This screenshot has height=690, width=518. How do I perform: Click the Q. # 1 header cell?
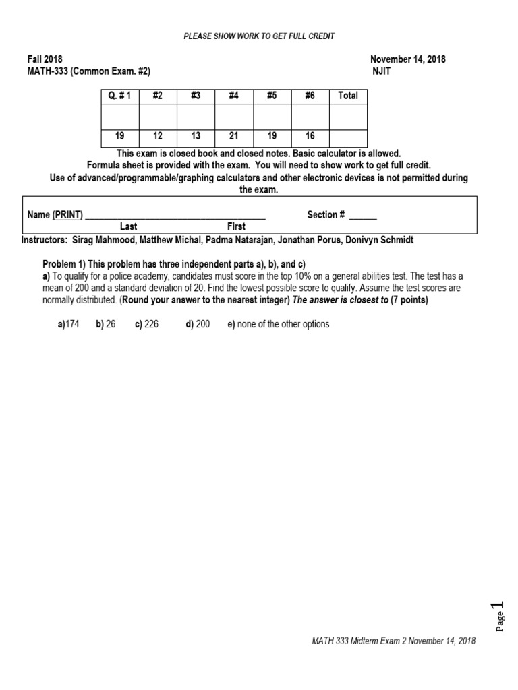point(119,96)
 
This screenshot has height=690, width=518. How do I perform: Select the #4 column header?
point(233,96)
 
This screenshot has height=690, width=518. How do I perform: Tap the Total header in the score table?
point(347,96)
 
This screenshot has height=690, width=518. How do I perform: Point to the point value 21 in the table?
point(233,136)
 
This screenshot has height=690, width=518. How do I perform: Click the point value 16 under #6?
point(310,136)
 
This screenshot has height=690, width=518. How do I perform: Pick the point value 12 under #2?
point(158,136)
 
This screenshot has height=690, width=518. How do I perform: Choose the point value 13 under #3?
point(196,136)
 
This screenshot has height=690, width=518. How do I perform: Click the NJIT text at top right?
point(381,71)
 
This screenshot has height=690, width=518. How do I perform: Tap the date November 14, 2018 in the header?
point(408,59)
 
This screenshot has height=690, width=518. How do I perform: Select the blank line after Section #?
point(363,216)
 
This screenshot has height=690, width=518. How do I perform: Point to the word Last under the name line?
point(128,227)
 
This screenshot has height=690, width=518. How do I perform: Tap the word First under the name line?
point(236,227)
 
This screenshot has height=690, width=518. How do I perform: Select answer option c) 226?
point(146,324)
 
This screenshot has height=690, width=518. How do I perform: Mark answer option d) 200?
point(198,324)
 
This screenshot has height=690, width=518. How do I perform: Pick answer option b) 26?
point(106,324)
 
